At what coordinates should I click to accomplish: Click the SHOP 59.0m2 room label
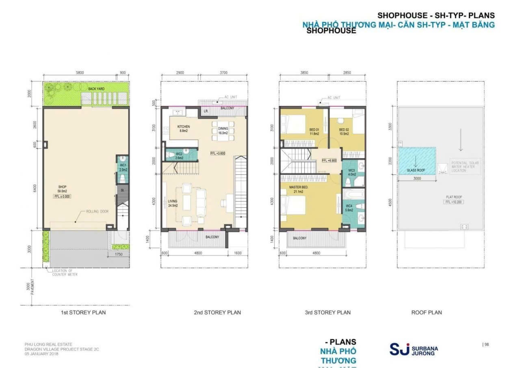pos(62,189)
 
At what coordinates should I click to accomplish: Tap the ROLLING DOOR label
pos(97,211)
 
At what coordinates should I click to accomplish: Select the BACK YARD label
pos(97,88)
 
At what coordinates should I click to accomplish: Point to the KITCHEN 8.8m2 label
pos(184,128)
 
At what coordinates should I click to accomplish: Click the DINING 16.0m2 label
pos(223,131)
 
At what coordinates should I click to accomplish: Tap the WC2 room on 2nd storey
pos(179,155)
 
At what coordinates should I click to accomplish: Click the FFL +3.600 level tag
pos(218,153)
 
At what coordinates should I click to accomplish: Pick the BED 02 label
pos(344,131)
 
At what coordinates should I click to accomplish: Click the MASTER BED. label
pos(299,189)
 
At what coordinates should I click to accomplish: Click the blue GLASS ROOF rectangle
pos(417,161)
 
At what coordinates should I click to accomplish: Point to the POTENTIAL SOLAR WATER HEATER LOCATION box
pos(465,167)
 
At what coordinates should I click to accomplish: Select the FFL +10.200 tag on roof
pos(454,202)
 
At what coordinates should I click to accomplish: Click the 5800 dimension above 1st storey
pos(80,73)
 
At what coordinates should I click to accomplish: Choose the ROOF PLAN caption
pos(427,312)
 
